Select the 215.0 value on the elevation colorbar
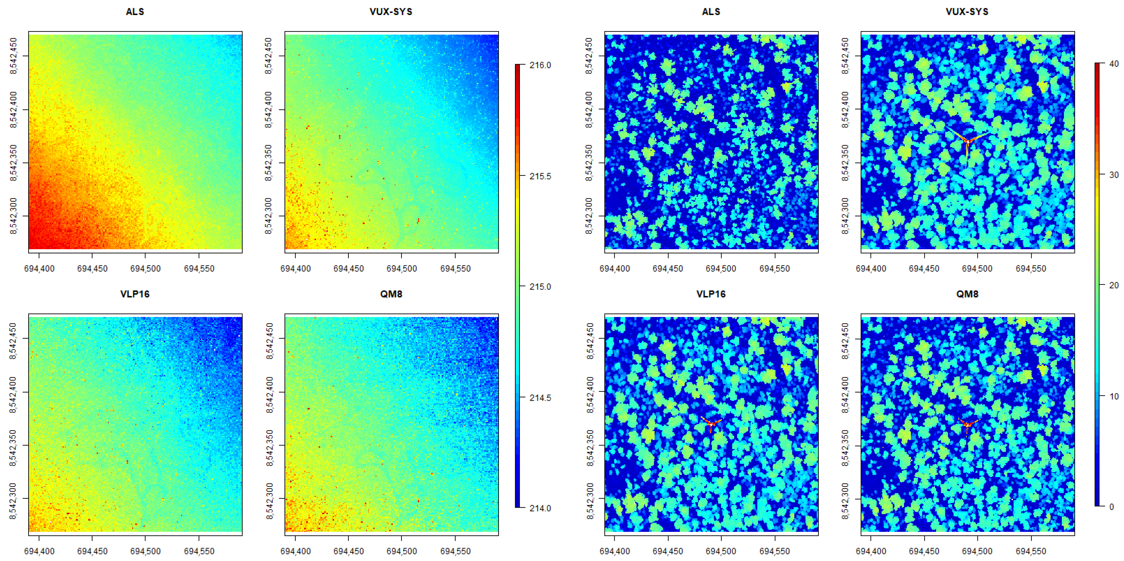tap(540, 287)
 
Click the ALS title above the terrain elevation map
tap(135, 12)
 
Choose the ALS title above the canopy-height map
tap(711, 12)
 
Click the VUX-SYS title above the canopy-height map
tap(967, 12)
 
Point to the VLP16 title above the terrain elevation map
tap(135, 294)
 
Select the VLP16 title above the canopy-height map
tap(711, 294)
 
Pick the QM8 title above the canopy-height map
tap(967, 294)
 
